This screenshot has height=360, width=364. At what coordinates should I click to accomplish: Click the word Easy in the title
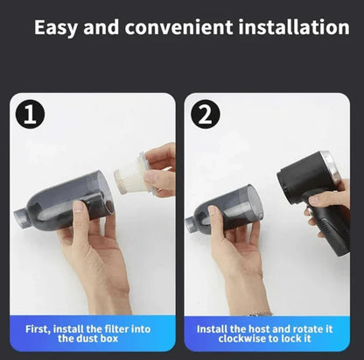[x=60, y=28]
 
